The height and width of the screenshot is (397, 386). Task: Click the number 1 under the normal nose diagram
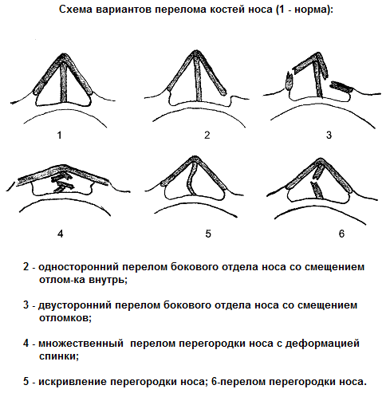[x=60, y=136]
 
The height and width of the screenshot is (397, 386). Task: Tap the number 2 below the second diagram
[x=207, y=135]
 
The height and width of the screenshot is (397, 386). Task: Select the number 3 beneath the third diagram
[x=329, y=135]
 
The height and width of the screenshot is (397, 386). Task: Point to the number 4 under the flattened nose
[x=61, y=234]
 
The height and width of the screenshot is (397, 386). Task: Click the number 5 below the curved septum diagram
[x=208, y=234]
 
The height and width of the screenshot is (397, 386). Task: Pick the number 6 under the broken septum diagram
[x=341, y=234]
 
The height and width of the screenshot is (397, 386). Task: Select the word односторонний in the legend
[x=78, y=267]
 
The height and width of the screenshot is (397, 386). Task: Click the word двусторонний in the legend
[x=75, y=305]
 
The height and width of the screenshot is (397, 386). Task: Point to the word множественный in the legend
[x=81, y=344]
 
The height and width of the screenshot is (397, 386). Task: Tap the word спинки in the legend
[x=59, y=356]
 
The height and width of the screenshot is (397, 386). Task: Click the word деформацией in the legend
[x=322, y=344]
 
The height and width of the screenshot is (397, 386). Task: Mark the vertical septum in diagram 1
[x=64, y=82]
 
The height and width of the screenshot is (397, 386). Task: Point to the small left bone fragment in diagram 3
[x=289, y=81]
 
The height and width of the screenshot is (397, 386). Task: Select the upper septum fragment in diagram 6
[x=318, y=171]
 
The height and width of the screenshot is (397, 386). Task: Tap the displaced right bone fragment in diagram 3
[x=341, y=87]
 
